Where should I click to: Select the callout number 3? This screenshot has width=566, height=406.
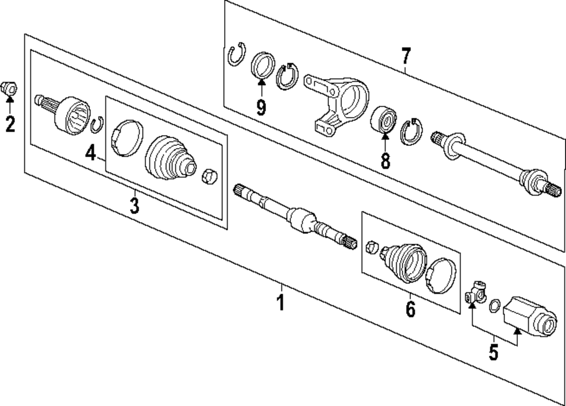coord(134,205)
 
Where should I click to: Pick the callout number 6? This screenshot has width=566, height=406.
coord(410,309)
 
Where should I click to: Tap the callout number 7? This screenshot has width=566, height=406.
coord(405,57)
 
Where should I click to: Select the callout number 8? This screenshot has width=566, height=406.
coord(385,161)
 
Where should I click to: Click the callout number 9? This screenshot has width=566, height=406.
coord(261,106)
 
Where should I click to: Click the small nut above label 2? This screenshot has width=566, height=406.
coord(10,88)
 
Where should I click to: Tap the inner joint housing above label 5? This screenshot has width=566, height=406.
coord(528,317)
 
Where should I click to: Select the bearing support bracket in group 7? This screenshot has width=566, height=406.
coord(337,102)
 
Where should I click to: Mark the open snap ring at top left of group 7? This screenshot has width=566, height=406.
coord(235,55)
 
